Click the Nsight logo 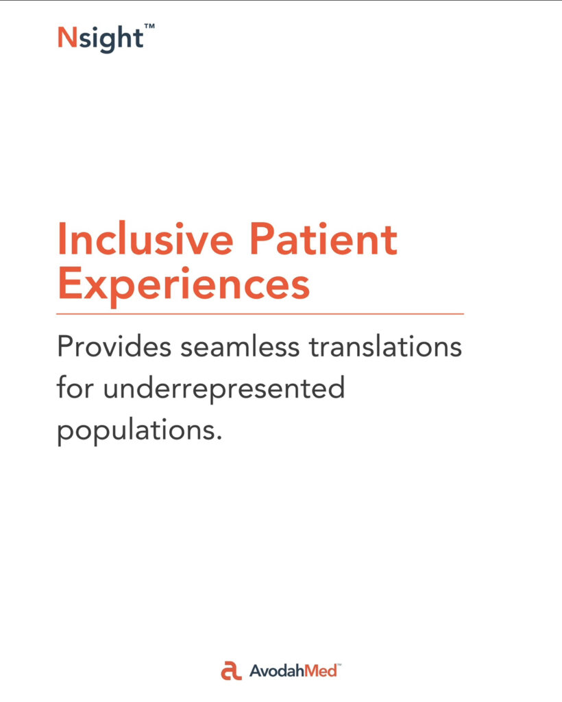pos(106,38)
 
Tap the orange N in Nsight pos(68,37)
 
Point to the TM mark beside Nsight pos(149,26)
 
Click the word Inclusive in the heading pos(145,239)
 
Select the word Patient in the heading pos(323,239)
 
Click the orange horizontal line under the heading pos(260,314)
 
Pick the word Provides pos(114,346)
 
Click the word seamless pos(240,346)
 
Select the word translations pos(385,346)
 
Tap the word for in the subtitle pos(75,387)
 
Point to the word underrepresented pos(224,389)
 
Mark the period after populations pos(219,439)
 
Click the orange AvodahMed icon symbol pos(232,670)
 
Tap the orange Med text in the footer pos(321,670)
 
